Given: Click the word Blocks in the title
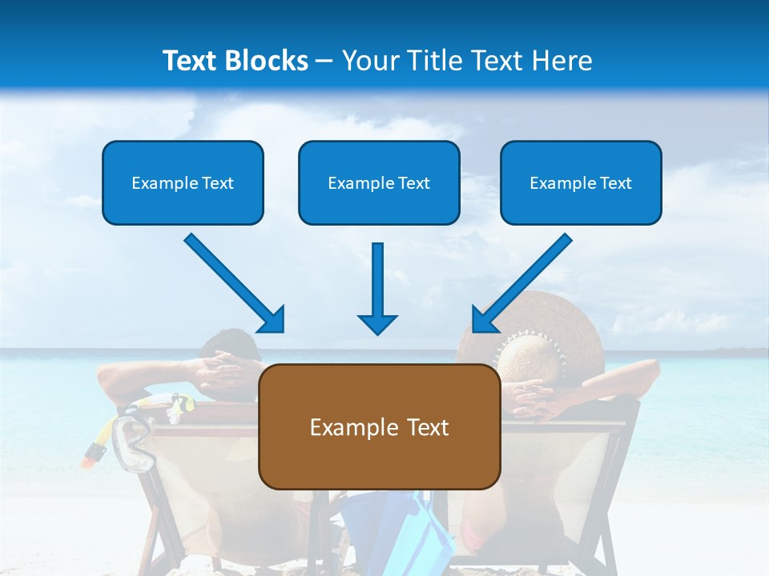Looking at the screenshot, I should coord(267,61).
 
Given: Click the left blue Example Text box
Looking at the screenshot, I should coord(183,182).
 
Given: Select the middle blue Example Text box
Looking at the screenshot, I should coord(379,182).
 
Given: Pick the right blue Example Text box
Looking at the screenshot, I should coord(581,182).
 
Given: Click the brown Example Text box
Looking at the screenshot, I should coord(379,426).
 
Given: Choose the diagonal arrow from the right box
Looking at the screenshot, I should coord(522,282).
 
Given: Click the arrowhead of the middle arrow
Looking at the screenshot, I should coord(377,323).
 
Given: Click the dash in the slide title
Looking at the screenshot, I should coord(324,62).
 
